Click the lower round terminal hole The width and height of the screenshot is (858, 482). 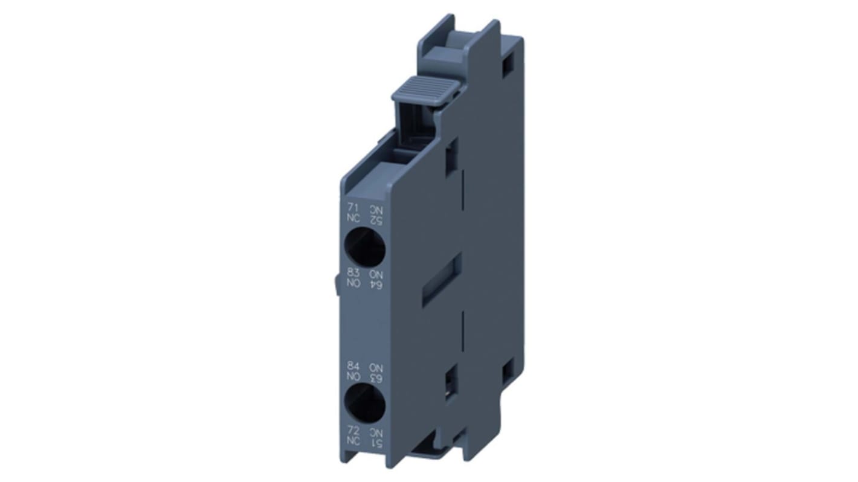pyautogui.click(x=364, y=403)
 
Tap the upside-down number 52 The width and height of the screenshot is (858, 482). pyautogui.click(x=376, y=219)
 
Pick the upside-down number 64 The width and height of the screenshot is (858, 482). pyautogui.click(x=376, y=284)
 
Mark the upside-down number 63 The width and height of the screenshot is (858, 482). pyautogui.click(x=376, y=377)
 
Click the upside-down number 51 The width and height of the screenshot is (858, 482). pyautogui.click(x=376, y=442)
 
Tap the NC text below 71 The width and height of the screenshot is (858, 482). pyautogui.click(x=353, y=219)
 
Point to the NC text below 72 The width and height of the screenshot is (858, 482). pyautogui.click(x=353, y=441)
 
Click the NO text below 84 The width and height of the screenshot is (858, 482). pyautogui.click(x=353, y=376)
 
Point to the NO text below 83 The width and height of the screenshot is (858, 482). pyautogui.click(x=353, y=283)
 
